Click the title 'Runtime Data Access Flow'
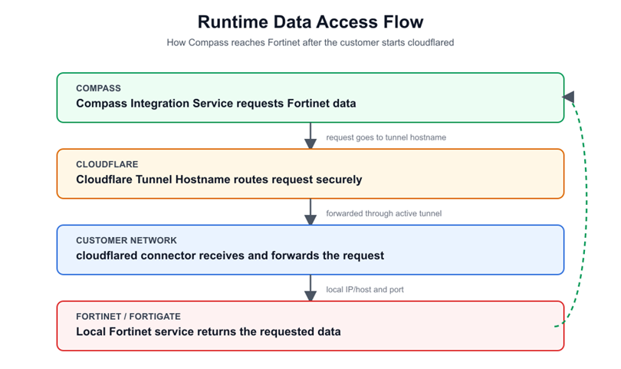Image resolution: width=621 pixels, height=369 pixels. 310,21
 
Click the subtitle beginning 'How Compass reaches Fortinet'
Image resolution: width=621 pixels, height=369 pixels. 310,42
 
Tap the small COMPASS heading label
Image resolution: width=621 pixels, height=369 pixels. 99,88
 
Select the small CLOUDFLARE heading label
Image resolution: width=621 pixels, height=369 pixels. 107,164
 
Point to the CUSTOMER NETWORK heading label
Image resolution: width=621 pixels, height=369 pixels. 127,241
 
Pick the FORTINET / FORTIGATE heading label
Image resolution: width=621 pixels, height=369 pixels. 128,317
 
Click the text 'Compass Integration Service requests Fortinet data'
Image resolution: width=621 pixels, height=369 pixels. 216,104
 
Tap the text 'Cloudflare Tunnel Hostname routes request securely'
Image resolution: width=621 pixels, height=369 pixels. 219,180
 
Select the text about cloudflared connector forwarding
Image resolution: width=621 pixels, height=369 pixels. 230,255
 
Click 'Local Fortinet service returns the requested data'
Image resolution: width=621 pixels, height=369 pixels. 209,331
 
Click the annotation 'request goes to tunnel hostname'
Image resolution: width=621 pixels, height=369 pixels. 386,137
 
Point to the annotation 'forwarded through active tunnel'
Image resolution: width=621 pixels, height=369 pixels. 384,213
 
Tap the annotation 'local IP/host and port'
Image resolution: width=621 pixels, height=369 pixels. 365,290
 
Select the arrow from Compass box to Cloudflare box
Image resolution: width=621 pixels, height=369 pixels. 310,136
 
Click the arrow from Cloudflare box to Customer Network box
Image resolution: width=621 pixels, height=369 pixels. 310,212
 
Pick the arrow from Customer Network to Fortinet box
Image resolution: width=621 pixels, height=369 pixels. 310,288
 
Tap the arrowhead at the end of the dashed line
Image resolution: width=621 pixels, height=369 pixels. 569,97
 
